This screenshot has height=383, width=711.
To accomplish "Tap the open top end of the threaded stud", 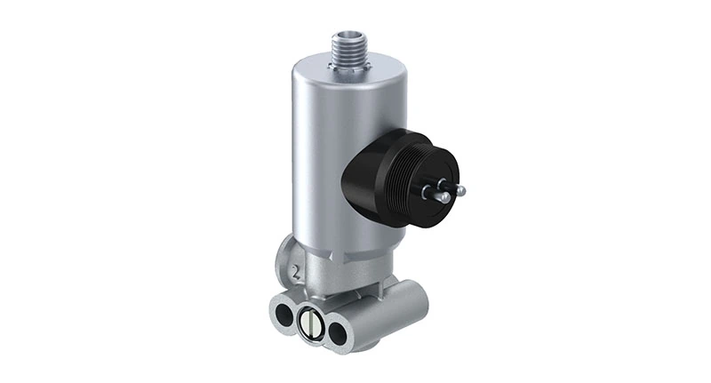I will point(348,33).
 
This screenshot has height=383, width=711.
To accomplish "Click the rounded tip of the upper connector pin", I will point(460,189).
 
